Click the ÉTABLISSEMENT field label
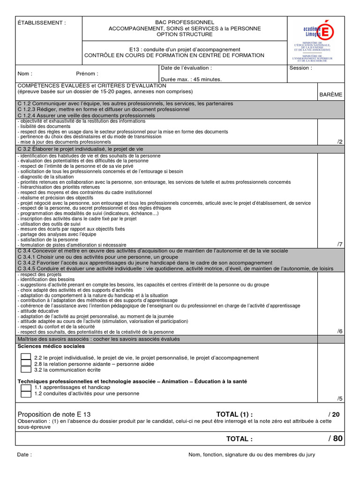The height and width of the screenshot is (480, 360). coord(42,22)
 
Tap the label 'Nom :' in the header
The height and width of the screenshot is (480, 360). coord(25,74)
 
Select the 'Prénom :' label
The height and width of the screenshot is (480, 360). coord(87,74)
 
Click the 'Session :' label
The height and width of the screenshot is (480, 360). coord(300,68)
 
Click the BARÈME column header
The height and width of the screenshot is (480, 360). coord(331,94)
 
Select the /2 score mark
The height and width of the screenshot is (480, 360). coord(340,142)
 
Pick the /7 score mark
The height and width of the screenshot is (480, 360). coord(340,244)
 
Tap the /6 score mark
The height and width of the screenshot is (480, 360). coord(340,331)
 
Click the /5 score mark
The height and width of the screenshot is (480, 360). coord(340,398)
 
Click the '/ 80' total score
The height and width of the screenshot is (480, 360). coord(335,439)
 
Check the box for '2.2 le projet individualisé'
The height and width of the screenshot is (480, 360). coord(26,357)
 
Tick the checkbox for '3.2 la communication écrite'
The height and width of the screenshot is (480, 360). coord(26,369)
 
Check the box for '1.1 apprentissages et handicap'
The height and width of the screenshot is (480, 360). coord(26,388)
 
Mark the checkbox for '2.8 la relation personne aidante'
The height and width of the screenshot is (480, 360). coord(26,363)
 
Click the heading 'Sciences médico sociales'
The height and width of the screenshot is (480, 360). coord(52,346)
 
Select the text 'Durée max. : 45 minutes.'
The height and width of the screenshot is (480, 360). coord(191,80)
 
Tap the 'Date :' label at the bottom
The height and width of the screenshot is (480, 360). coord(24,455)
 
